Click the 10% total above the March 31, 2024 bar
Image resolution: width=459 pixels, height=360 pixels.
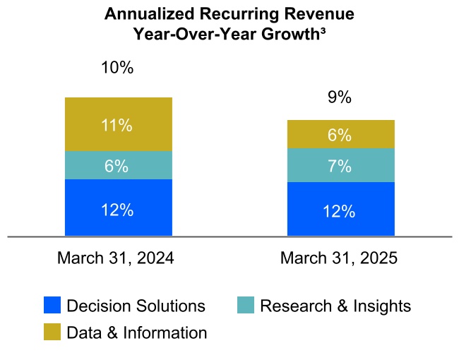tap(117, 68)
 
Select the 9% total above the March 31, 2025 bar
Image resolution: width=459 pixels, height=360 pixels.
tap(340, 98)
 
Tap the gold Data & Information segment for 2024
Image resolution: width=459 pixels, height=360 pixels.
tap(118, 124)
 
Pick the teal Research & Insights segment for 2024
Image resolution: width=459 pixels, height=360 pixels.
tap(118, 165)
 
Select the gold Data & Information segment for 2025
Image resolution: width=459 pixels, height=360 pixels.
tap(340, 134)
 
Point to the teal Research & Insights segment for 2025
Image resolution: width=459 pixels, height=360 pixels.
tap(340, 165)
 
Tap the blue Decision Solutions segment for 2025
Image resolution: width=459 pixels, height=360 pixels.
tap(340, 209)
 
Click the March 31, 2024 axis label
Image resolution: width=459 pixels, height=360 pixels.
tap(116, 258)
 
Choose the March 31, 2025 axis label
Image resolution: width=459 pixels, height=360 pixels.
tap(339, 258)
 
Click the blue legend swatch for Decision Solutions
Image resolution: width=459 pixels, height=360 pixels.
tap(52, 306)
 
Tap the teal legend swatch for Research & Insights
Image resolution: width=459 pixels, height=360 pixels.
tap(245, 306)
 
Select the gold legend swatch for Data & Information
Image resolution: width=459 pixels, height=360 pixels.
tap(52, 332)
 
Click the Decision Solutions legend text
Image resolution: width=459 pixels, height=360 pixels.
tap(136, 306)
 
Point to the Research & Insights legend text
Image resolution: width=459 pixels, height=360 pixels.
tap(335, 306)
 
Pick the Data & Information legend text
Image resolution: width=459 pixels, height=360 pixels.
tap(136, 332)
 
